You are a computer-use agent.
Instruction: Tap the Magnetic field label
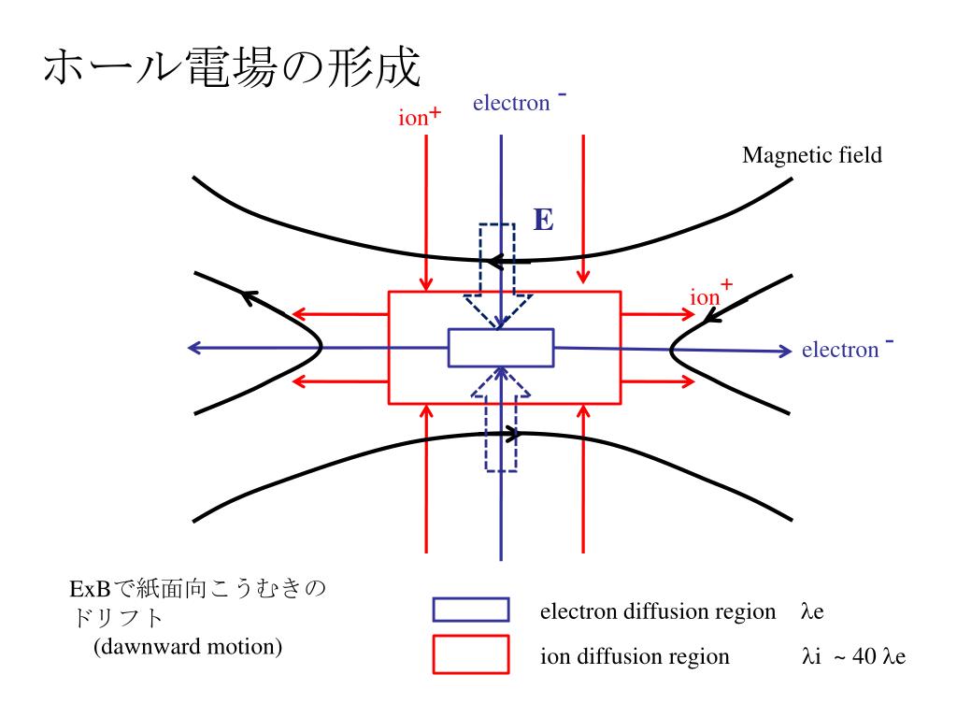click(x=811, y=155)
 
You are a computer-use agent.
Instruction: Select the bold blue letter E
click(x=543, y=221)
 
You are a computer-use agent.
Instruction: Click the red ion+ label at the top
click(x=419, y=119)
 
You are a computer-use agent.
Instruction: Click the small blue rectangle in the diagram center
click(x=501, y=348)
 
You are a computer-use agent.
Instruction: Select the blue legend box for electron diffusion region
click(x=470, y=610)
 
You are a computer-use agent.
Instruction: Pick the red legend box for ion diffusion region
click(x=470, y=654)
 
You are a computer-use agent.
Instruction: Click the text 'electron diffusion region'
click(x=658, y=612)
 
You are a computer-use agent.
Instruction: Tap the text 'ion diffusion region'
click(x=635, y=656)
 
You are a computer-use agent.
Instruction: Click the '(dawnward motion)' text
click(x=188, y=646)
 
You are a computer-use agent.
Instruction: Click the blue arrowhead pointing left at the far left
click(x=194, y=348)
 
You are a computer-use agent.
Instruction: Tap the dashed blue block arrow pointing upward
click(x=501, y=421)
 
